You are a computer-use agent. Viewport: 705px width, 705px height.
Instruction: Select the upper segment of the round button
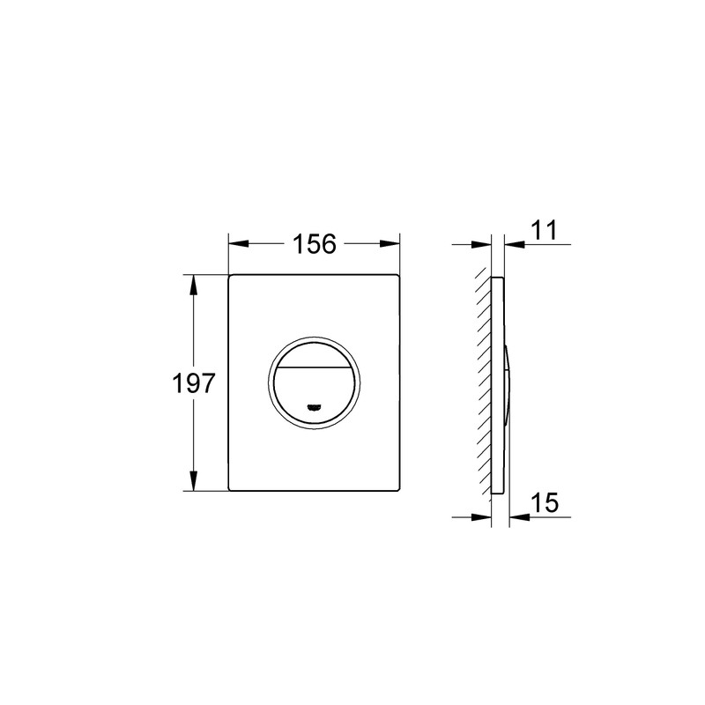tap(315, 352)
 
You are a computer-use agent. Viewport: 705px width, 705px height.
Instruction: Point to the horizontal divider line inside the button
tap(315, 364)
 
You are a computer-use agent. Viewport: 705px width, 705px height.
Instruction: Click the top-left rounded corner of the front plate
tap(233, 278)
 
